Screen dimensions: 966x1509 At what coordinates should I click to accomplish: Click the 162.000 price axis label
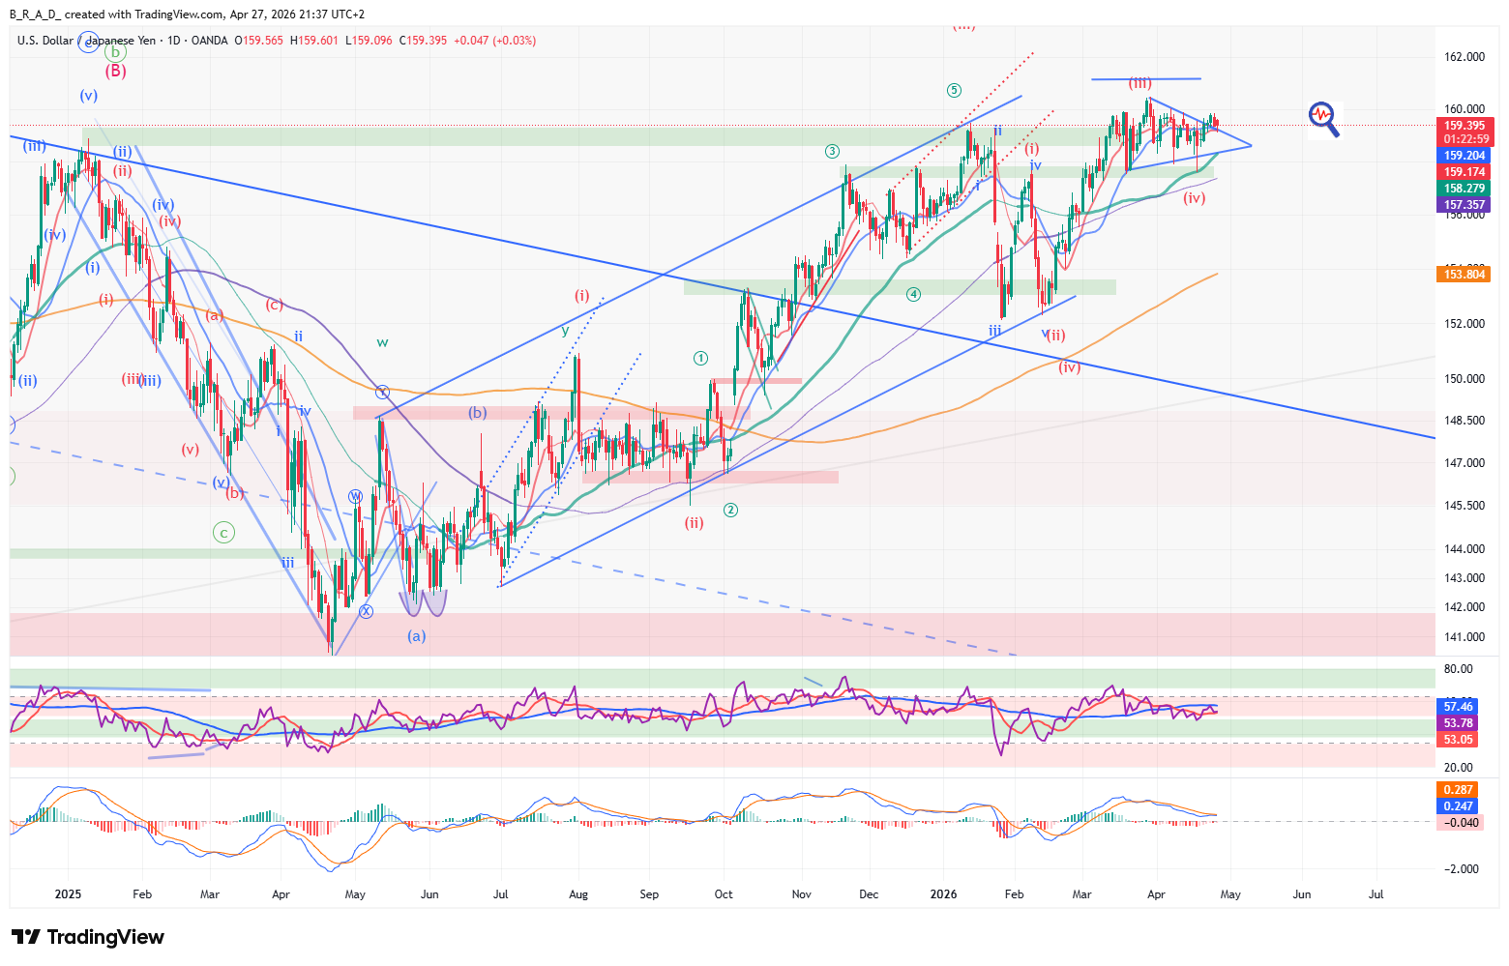(1464, 57)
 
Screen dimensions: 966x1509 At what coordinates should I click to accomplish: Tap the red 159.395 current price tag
(1465, 126)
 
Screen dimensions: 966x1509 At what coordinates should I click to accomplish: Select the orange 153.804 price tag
(1465, 275)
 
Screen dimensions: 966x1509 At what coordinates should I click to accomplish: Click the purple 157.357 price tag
(1465, 205)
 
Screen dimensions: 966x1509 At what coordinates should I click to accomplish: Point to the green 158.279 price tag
(1465, 189)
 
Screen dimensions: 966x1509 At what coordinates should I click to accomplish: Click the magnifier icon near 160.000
(1324, 118)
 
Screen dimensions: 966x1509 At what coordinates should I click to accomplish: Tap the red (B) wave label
(115, 71)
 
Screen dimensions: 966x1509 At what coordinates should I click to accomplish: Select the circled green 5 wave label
(954, 91)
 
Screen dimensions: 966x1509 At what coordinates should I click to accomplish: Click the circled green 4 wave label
(913, 294)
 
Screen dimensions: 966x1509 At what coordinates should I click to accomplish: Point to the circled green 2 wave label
(731, 510)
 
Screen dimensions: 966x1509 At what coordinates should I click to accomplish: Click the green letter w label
(383, 342)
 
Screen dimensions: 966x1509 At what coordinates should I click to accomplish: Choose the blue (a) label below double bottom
(416, 636)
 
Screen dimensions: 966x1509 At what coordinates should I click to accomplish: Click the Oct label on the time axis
(724, 894)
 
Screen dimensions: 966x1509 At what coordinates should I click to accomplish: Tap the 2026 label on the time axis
(943, 894)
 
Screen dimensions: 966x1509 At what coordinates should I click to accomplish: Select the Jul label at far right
(1376, 894)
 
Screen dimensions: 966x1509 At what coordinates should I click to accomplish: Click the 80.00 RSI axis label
(1458, 669)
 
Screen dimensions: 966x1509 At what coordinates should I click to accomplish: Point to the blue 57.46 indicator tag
(1458, 707)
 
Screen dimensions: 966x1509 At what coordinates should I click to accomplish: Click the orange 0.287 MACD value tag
(1458, 790)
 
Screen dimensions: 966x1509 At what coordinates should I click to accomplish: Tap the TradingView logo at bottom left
(88, 937)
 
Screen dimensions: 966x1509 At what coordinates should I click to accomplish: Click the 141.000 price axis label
(1464, 637)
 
